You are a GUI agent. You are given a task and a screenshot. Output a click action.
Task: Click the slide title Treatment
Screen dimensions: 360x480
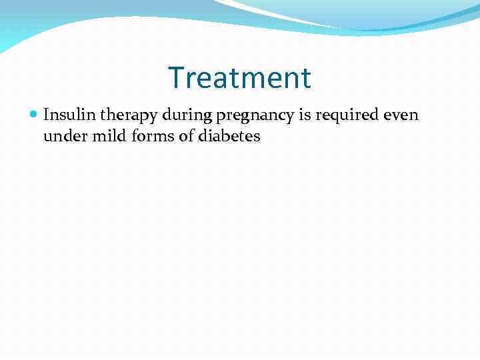pos(239,78)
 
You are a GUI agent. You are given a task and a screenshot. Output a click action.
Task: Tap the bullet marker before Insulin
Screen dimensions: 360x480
pos(34,115)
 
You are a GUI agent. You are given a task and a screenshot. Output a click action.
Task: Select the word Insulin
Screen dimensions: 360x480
pos(68,115)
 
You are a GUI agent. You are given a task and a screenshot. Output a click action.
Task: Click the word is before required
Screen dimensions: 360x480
pos(305,115)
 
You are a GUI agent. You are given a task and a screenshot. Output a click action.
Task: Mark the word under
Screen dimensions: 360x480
pos(61,137)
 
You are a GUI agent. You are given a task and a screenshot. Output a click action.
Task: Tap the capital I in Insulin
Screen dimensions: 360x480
pos(46,115)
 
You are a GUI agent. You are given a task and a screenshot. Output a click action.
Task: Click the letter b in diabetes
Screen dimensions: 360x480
pos(217,136)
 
